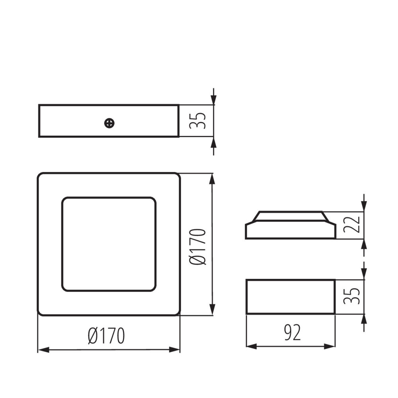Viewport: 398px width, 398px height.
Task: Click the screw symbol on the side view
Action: coord(109,123)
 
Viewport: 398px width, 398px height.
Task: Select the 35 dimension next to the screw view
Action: coord(198,121)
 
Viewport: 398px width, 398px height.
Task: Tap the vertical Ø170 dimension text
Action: coord(198,247)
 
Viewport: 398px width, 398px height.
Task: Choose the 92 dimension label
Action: coord(292,333)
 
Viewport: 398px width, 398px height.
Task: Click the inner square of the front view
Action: coord(109,244)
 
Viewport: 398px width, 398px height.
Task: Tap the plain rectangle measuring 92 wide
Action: coord(291,297)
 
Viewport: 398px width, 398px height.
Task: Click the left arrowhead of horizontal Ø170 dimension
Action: coord(43,350)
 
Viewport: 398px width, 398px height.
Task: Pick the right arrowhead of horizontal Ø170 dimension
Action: coord(175,350)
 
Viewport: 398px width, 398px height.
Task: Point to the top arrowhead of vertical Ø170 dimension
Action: coord(212,179)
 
